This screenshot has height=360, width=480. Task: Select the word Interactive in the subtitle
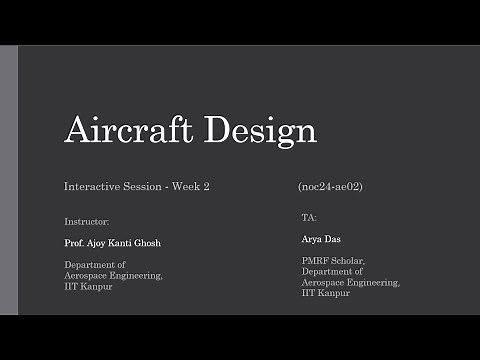pos(92,187)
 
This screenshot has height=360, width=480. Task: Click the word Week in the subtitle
pos(189,187)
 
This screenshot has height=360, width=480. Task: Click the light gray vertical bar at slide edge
pos(9,180)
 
